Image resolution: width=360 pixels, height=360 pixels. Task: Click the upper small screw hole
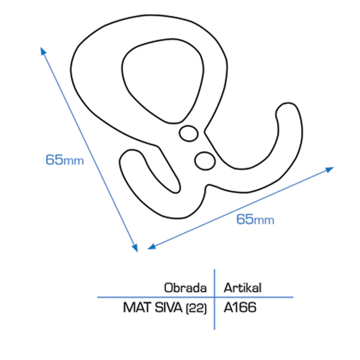pos(188,133)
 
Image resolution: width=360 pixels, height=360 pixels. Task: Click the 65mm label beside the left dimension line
pos(64,160)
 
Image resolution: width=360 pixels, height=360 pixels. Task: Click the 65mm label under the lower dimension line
pos(255,220)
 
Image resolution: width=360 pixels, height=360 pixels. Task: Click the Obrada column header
pos(186,288)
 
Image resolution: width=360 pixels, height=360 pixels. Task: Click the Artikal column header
pos(243,288)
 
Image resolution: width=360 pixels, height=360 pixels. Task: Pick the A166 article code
pos(240,308)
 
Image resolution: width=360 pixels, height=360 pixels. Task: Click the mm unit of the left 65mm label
pos(74,161)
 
